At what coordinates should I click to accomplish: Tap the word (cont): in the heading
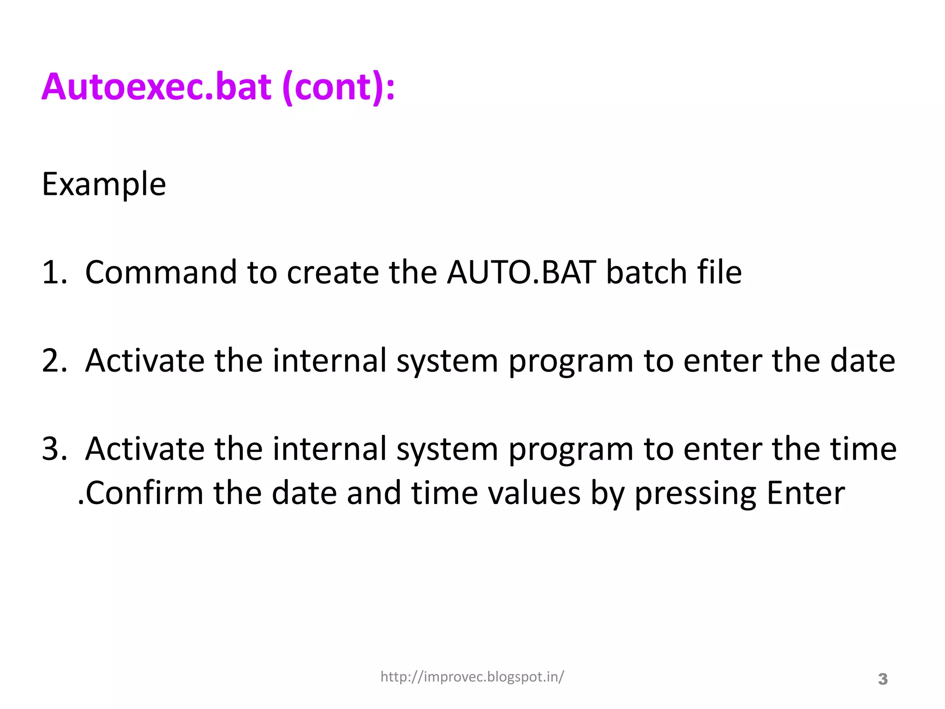click(338, 88)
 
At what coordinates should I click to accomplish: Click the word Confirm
click(144, 493)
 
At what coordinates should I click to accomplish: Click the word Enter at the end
click(806, 493)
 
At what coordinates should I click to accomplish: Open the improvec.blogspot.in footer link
click(472, 677)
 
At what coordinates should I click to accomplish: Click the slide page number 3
click(882, 679)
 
